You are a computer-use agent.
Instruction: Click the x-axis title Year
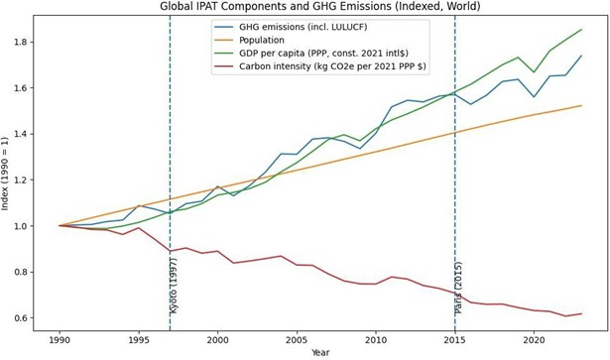319,353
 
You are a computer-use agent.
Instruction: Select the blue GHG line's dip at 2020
534,97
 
